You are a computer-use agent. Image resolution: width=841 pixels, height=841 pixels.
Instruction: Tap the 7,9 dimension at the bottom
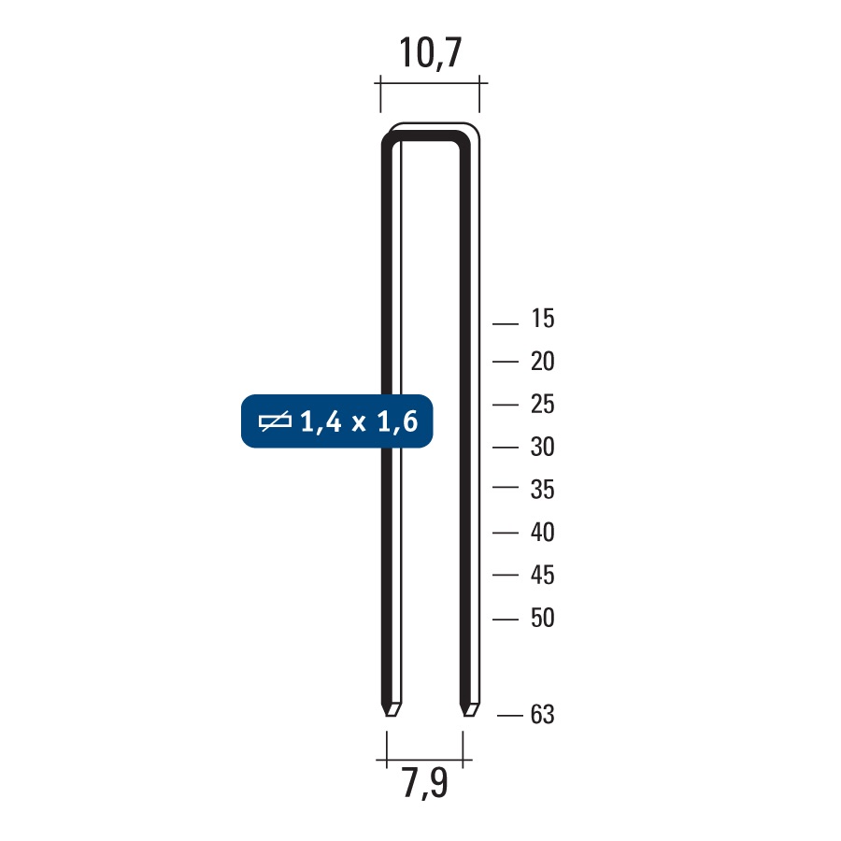[425, 784]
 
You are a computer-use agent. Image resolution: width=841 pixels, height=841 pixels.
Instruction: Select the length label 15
[542, 320]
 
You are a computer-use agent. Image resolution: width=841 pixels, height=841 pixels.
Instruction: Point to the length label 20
[542, 362]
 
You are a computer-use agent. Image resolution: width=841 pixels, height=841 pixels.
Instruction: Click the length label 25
[542, 405]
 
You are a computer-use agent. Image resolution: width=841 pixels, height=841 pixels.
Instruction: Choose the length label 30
[542, 448]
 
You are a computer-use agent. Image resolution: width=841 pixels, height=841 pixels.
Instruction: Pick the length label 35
[542, 490]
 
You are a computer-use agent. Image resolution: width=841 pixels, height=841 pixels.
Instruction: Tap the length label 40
[542, 533]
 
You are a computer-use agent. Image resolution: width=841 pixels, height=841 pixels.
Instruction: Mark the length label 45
[542, 576]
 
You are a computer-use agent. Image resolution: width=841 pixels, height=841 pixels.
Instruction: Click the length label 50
[542, 619]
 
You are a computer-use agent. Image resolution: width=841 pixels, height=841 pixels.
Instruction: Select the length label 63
[542, 716]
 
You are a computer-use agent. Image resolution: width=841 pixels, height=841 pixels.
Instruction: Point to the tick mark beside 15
[505, 324]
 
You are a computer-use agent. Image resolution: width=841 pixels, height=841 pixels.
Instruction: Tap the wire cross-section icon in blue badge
[275, 422]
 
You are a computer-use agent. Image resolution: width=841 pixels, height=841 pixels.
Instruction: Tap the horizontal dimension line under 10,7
[431, 85]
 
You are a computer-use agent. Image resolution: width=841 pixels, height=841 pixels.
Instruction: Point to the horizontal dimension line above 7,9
[425, 758]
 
